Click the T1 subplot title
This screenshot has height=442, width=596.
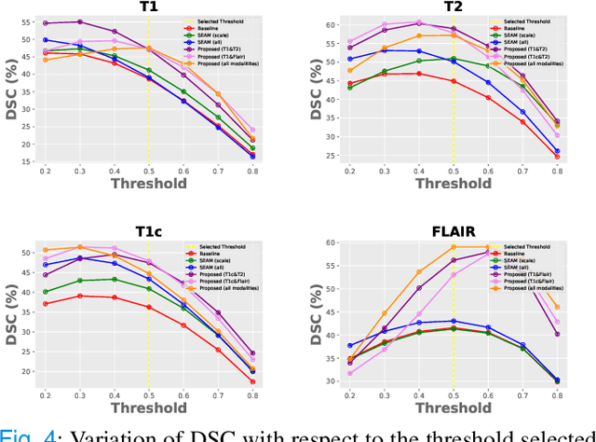[x=148, y=7]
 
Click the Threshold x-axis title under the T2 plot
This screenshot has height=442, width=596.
[x=454, y=184]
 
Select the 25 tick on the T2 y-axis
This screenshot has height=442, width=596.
[x=331, y=155]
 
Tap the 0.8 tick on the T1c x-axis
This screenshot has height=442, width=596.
[x=252, y=395]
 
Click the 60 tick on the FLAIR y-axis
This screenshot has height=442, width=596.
[x=331, y=243]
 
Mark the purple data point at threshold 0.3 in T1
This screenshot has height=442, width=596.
[x=79, y=21]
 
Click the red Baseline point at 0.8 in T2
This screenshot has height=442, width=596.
[x=557, y=157]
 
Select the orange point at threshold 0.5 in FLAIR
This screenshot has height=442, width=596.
[x=453, y=247]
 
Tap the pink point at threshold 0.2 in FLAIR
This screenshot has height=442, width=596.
[x=349, y=373]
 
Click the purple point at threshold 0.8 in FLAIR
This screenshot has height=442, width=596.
[x=557, y=334]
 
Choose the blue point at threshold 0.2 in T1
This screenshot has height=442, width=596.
[x=45, y=40]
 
